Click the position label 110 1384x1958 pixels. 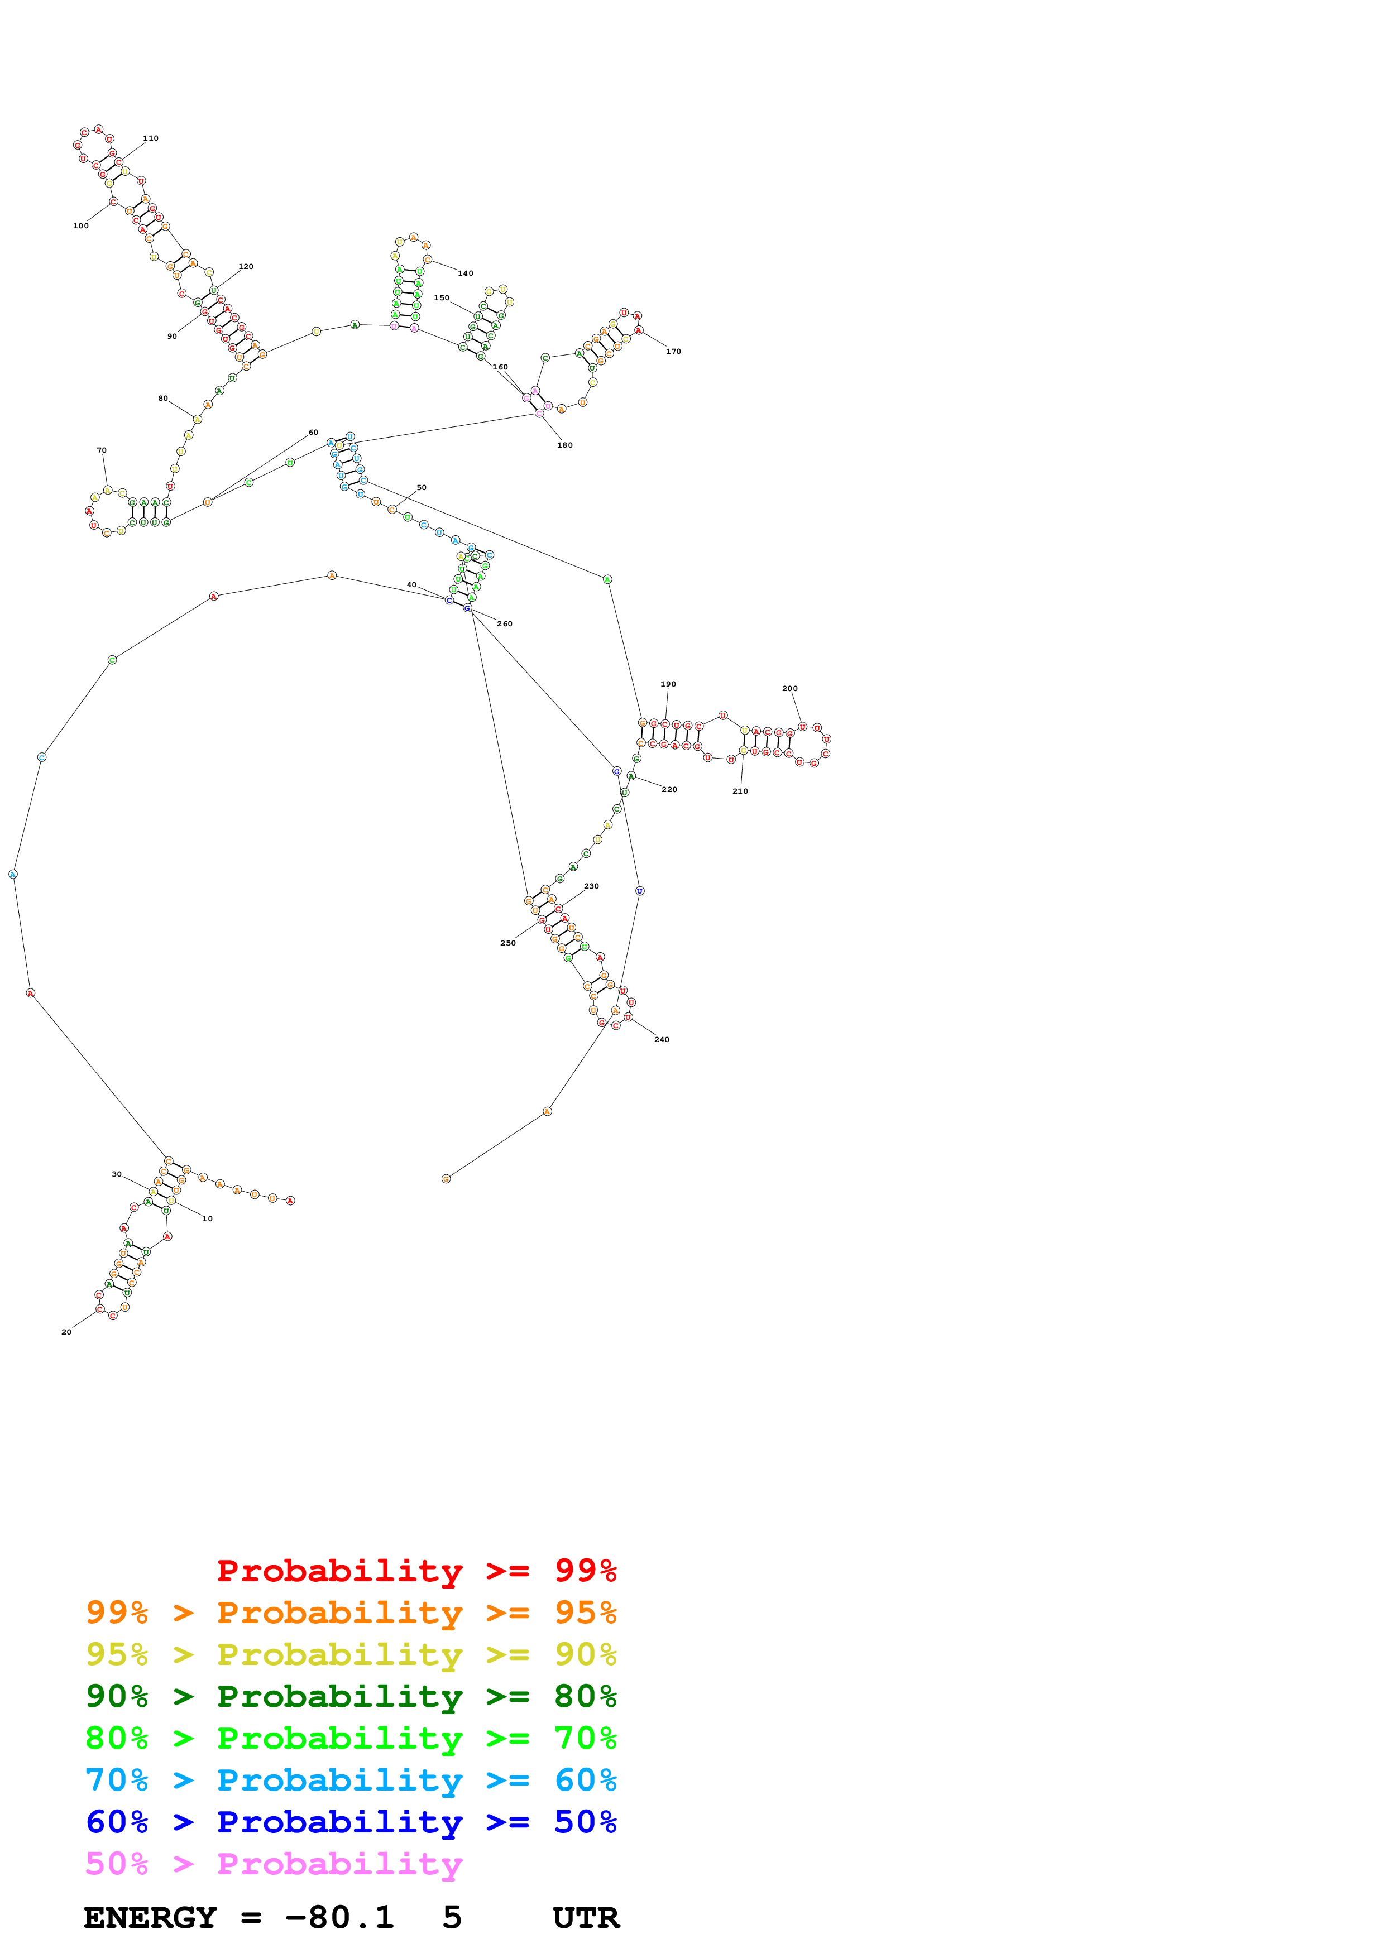[x=150, y=138]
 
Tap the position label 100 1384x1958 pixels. [x=81, y=226]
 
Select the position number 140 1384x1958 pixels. [x=466, y=273]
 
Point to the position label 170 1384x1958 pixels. [x=674, y=351]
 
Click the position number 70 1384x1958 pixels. [x=102, y=450]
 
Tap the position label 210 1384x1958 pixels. [x=740, y=791]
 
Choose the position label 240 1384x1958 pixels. [x=662, y=1039]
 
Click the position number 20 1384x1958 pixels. [x=66, y=1332]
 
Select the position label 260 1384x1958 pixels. [x=505, y=623]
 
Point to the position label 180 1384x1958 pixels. [x=566, y=445]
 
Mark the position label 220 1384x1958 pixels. [x=669, y=790]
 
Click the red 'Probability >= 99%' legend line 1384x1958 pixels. [x=416, y=1570]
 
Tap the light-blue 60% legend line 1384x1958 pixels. [x=351, y=1780]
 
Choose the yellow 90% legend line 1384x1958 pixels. [x=351, y=1654]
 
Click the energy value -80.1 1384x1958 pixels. [x=339, y=1917]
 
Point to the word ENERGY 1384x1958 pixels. [x=150, y=1917]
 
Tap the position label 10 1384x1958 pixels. [x=207, y=1218]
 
